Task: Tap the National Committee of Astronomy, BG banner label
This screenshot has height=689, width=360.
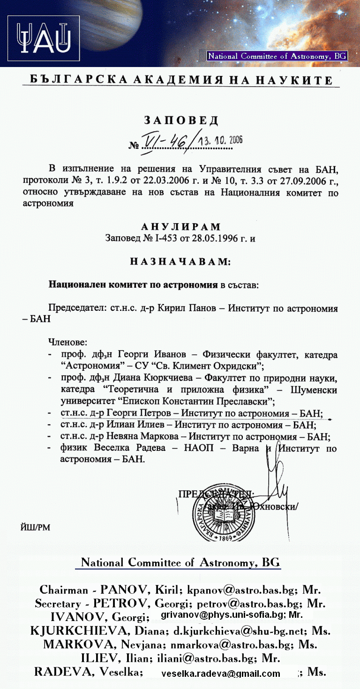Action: (277, 56)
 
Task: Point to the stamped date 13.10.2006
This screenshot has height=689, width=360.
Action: (221, 140)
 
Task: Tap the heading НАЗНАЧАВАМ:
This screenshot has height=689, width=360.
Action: (180, 261)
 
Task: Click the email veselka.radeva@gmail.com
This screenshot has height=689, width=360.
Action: (220, 674)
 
